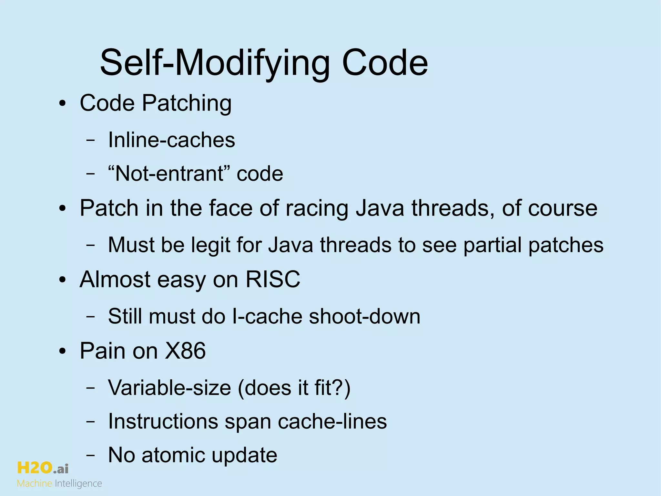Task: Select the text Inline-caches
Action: tap(171, 140)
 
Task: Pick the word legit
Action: tap(210, 245)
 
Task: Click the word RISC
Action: tap(273, 279)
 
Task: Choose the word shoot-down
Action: tap(364, 316)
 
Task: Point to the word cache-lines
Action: tap(332, 421)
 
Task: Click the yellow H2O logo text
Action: tap(34, 468)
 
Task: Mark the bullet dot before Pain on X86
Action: tap(63, 351)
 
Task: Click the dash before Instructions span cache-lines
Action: tap(91, 422)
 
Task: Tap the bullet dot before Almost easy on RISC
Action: tap(63, 280)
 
